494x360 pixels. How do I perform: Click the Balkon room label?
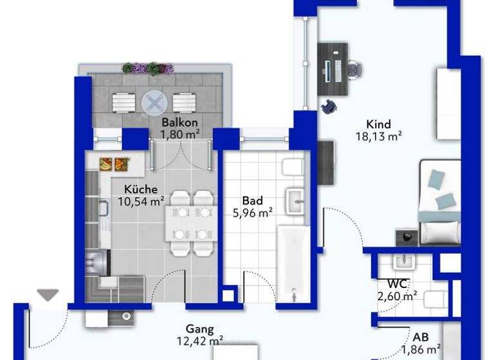[x=179, y=122]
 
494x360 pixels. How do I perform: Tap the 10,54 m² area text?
[x=140, y=201]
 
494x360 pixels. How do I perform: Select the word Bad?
[x=251, y=200]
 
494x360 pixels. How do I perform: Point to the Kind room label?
[x=378, y=124]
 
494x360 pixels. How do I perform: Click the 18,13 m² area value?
[x=378, y=136]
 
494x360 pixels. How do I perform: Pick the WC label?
[x=397, y=283]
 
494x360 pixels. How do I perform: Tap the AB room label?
[x=421, y=337]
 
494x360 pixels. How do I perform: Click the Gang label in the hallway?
[x=199, y=327]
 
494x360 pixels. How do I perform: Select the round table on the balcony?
[x=154, y=102]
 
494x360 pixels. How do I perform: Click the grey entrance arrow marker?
[x=48, y=294]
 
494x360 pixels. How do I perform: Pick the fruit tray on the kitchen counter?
[x=113, y=164]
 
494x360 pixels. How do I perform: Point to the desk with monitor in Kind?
[x=333, y=69]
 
